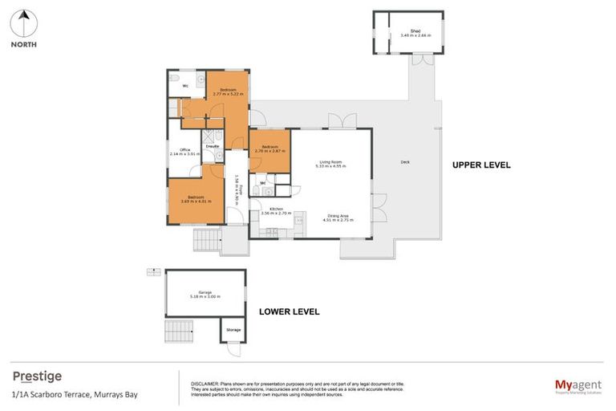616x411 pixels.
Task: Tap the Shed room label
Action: click(x=408, y=33)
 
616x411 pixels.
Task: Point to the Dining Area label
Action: click(x=338, y=216)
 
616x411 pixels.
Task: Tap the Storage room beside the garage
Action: click(x=233, y=330)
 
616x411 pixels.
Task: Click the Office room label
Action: click(x=184, y=152)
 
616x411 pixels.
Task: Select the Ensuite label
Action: click(x=213, y=146)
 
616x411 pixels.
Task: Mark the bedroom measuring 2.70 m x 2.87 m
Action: click(x=269, y=149)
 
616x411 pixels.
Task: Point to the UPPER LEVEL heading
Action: click(x=481, y=165)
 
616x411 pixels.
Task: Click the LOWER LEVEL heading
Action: click(x=289, y=311)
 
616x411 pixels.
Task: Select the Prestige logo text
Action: click(x=37, y=376)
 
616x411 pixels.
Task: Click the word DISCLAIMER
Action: click(x=206, y=384)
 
